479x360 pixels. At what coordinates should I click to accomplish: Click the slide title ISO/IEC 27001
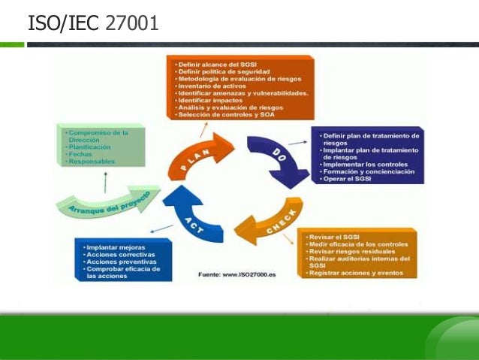click(x=93, y=23)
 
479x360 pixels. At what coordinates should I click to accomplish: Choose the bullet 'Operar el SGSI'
click(x=346, y=180)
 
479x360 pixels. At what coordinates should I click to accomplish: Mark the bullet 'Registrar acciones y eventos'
click(x=351, y=273)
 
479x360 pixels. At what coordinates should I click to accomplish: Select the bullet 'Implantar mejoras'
click(x=116, y=247)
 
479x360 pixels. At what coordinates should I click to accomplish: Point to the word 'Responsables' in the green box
click(x=93, y=162)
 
